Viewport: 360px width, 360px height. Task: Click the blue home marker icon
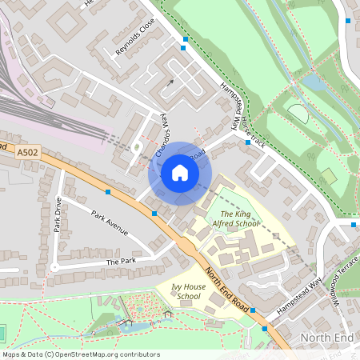180,172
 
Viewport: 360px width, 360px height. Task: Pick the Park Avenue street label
110,223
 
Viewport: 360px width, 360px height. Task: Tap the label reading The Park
122,262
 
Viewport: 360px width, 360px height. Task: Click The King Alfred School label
240,219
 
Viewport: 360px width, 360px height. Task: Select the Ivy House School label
178,291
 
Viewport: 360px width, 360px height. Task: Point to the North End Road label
226,289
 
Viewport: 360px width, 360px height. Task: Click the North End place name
326,338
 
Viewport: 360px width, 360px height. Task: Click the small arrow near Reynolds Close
169,82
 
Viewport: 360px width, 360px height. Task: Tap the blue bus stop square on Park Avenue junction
108,192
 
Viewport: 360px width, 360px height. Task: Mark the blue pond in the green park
313,82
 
